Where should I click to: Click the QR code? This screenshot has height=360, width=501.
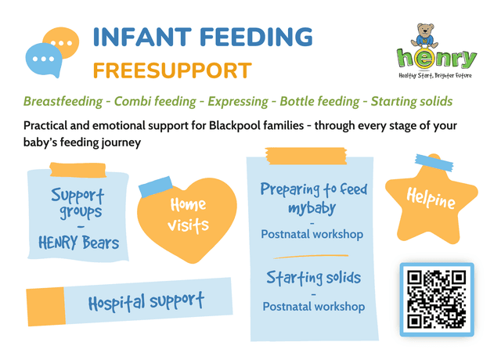point(437,299)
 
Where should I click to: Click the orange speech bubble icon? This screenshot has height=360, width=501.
point(61,45)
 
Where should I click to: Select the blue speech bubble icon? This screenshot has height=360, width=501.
point(43,59)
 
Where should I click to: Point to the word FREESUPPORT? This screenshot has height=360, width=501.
point(171,70)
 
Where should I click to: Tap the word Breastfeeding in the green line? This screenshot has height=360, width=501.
point(65,102)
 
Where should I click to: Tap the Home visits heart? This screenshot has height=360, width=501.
point(187,215)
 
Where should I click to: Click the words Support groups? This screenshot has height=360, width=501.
point(77,202)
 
